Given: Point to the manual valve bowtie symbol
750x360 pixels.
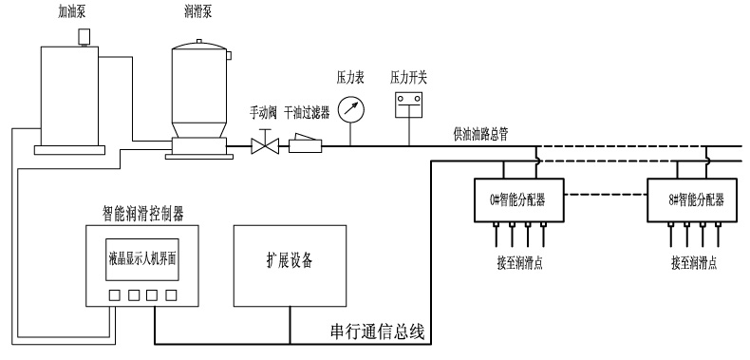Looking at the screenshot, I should click(262, 146).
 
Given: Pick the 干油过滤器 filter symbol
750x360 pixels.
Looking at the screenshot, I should click(306, 146).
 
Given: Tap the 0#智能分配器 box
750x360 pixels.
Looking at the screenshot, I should click(517, 199).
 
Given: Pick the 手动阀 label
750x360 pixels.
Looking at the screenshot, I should click(263, 112).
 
